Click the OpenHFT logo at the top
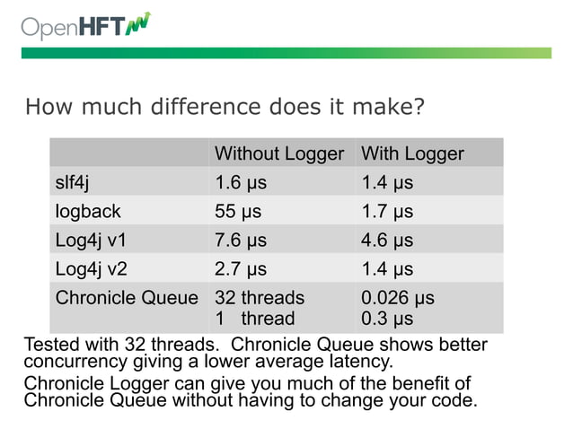(x=86, y=26)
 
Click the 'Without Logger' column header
(x=278, y=153)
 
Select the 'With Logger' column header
(x=411, y=153)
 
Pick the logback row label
(x=87, y=212)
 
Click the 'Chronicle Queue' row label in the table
(x=127, y=297)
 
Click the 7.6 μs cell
(x=240, y=241)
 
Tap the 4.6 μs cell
(x=386, y=241)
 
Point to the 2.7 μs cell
(x=240, y=268)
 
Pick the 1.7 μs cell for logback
(x=386, y=212)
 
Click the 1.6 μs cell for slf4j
(x=240, y=183)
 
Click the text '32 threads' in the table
(x=259, y=297)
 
